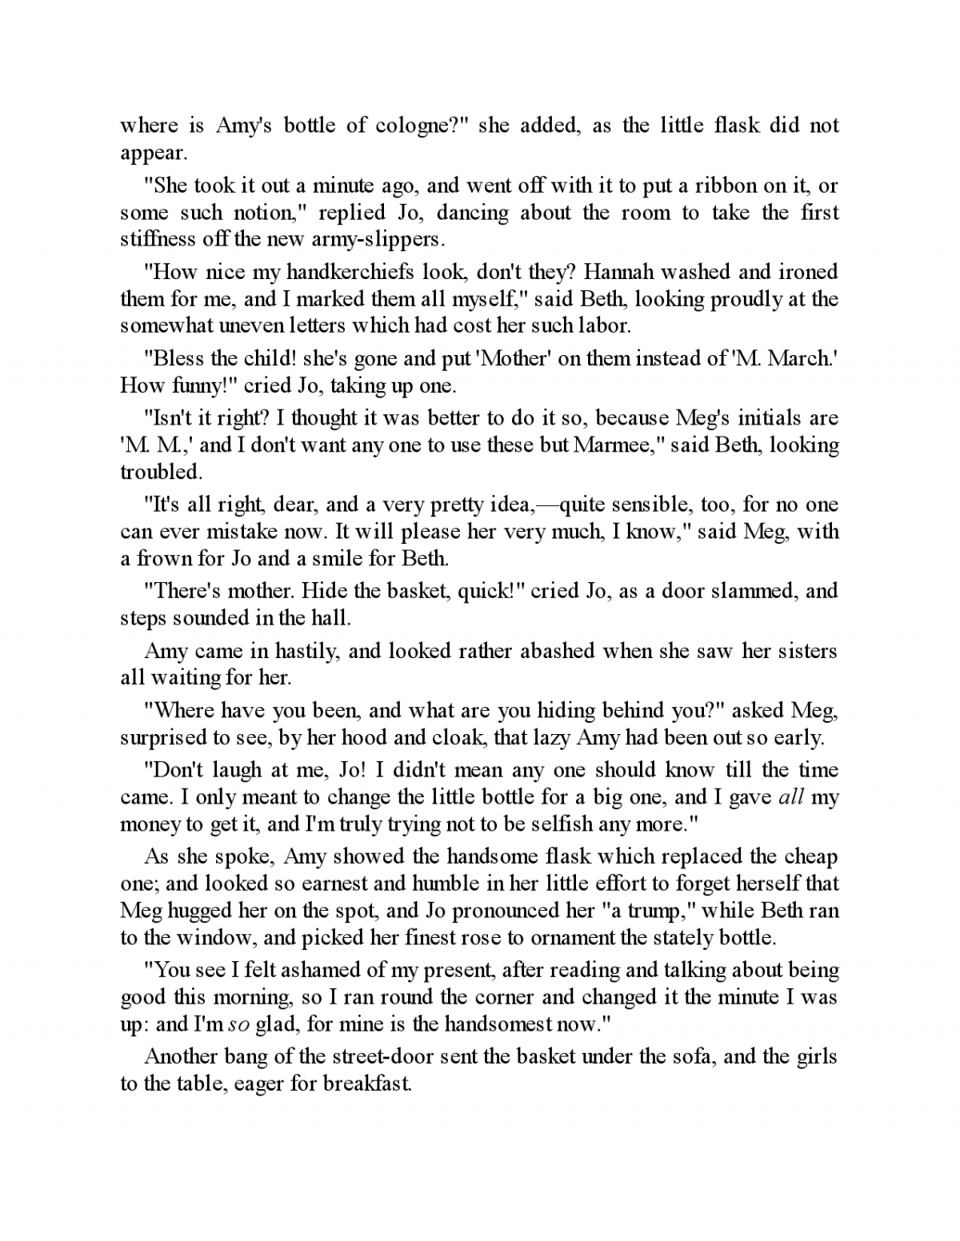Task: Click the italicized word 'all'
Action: [x=790, y=797]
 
